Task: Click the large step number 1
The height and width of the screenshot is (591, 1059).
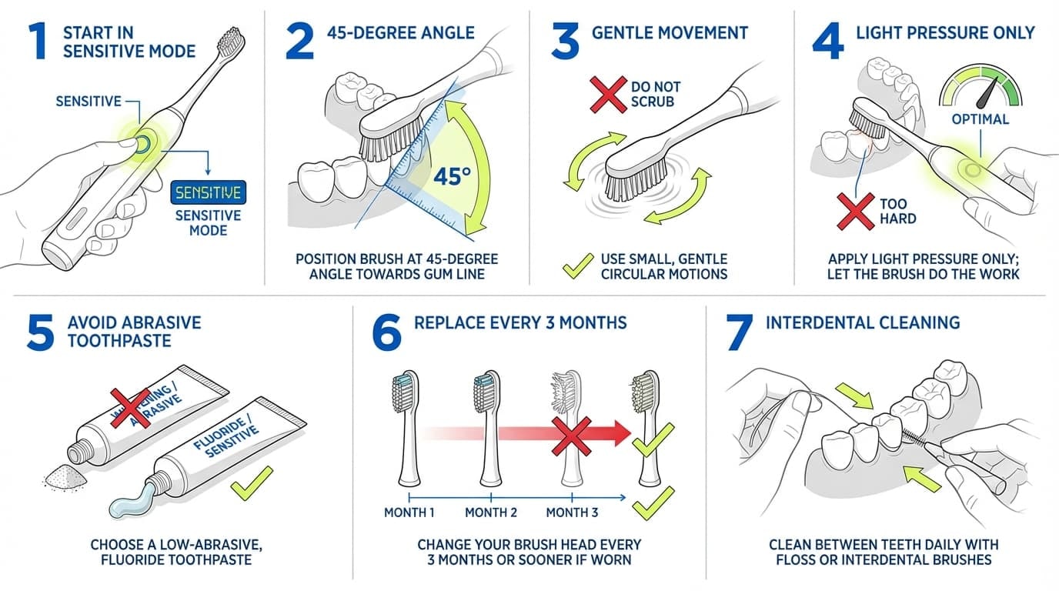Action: [35, 43]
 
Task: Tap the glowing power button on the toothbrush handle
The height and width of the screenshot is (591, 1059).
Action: [142, 143]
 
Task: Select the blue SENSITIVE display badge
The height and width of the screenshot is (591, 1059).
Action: [207, 191]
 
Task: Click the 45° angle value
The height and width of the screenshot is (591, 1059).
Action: [452, 176]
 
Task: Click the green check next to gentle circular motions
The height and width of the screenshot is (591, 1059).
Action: [576, 266]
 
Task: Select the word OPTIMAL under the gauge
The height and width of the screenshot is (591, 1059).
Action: [980, 119]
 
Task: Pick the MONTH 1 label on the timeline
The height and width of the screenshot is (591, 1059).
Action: [410, 513]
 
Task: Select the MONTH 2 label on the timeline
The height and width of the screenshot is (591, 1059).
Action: [491, 513]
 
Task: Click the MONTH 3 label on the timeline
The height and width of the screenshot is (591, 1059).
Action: [572, 513]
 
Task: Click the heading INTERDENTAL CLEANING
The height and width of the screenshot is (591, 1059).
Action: [863, 322]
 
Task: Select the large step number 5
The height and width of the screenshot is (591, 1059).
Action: [40, 332]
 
